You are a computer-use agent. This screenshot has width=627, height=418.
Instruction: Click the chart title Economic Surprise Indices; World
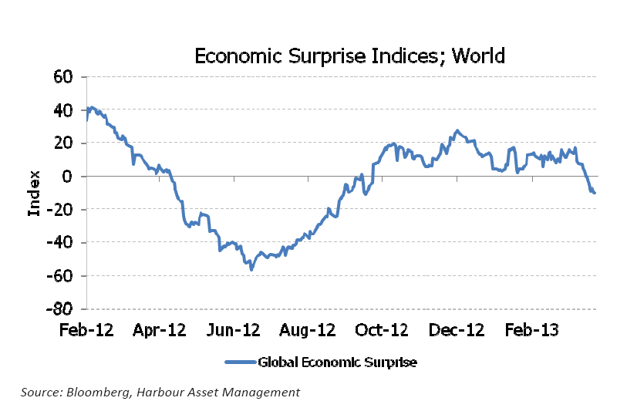click(x=349, y=56)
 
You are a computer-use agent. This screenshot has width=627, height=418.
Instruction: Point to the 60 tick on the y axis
click(x=62, y=77)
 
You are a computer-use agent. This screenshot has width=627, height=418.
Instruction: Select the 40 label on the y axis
click(x=62, y=110)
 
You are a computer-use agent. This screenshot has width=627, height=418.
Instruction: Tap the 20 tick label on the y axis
click(x=62, y=143)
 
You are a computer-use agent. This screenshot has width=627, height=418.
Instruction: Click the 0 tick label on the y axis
click(x=67, y=177)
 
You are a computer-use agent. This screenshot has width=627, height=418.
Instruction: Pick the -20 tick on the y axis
click(x=60, y=210)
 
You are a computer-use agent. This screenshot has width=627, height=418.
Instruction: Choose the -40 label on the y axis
click(x=60, y=243)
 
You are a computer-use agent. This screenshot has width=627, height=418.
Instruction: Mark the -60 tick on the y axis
click(x=60, y=276)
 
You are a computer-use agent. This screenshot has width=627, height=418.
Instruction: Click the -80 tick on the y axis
click(x=60, y=309)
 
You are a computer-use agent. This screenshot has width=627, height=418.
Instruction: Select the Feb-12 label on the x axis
click(x=87, y=330)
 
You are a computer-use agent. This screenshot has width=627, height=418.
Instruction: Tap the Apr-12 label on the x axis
click(x=160, y=330)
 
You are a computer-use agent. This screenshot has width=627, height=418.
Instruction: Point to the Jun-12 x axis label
click(x=234, y=330)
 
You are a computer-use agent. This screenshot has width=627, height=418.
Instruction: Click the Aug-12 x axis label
click(x=306, y=330)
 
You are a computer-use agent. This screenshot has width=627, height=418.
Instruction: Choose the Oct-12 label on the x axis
click(x=380, y=330)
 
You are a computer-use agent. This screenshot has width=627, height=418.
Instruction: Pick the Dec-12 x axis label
click(x=454, y=330)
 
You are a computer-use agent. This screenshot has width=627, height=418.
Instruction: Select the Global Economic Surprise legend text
click(x=337, y=362)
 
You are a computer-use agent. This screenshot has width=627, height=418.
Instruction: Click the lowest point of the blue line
click(x=251, y=269)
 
